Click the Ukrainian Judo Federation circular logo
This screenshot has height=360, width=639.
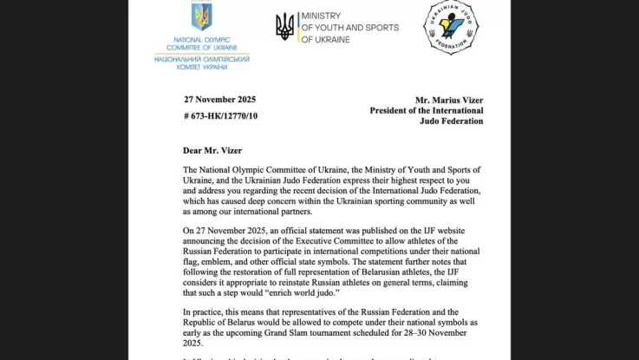tap(450, 27)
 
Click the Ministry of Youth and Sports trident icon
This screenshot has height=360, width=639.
tap(284, 27)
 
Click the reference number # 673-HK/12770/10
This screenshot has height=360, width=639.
tap(220, 115)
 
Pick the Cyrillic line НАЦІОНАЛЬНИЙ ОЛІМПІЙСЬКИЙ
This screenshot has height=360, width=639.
tap(201, 59)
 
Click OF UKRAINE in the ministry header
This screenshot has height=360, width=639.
tap(324, 40)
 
